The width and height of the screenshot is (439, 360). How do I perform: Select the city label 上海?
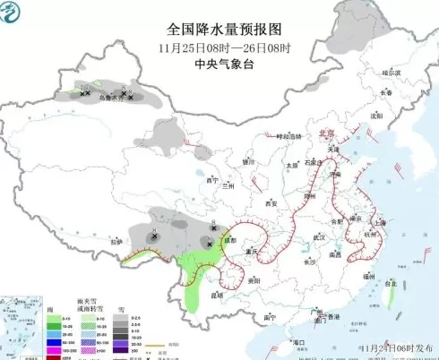pyautogui.click(x=381, y=220)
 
